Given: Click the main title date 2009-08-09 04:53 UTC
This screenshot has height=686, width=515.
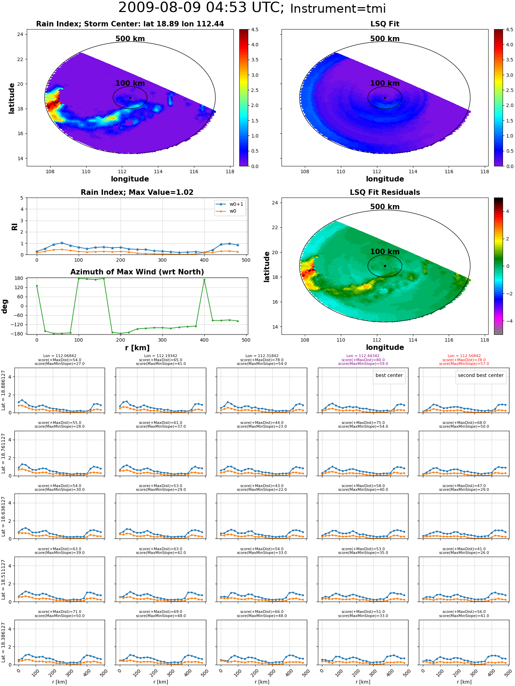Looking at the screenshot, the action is [201, 8].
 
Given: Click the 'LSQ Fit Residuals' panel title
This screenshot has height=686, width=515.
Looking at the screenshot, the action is [385, 192].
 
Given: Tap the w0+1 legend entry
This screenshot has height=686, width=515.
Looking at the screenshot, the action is [230, 204].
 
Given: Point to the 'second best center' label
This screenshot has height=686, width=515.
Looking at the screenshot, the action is [481, 375].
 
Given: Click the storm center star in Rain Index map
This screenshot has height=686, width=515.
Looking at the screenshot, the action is [130, 98].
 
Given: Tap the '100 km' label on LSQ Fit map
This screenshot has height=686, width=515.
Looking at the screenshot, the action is [385, 83].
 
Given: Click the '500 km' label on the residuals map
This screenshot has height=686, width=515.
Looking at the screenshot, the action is [385, 207].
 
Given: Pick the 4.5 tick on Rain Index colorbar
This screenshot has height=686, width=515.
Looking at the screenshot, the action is [255, 29].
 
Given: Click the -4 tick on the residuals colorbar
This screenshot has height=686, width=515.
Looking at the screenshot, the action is [507, 321].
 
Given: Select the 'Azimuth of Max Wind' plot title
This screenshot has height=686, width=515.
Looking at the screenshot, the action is [137, 272].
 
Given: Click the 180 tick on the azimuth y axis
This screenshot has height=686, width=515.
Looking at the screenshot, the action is [20, 278].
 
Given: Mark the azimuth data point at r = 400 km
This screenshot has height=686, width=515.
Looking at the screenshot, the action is [204, 280].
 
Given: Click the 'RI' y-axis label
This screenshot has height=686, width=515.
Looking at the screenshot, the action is [14, 226].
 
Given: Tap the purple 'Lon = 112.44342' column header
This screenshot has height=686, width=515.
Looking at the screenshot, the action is [363, 356].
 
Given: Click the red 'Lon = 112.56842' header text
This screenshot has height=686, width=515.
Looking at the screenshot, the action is [464, 356].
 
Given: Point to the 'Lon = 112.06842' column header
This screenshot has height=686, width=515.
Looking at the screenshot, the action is [59, 356].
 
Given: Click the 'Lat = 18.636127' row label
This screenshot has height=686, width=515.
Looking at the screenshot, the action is [3, 516].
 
